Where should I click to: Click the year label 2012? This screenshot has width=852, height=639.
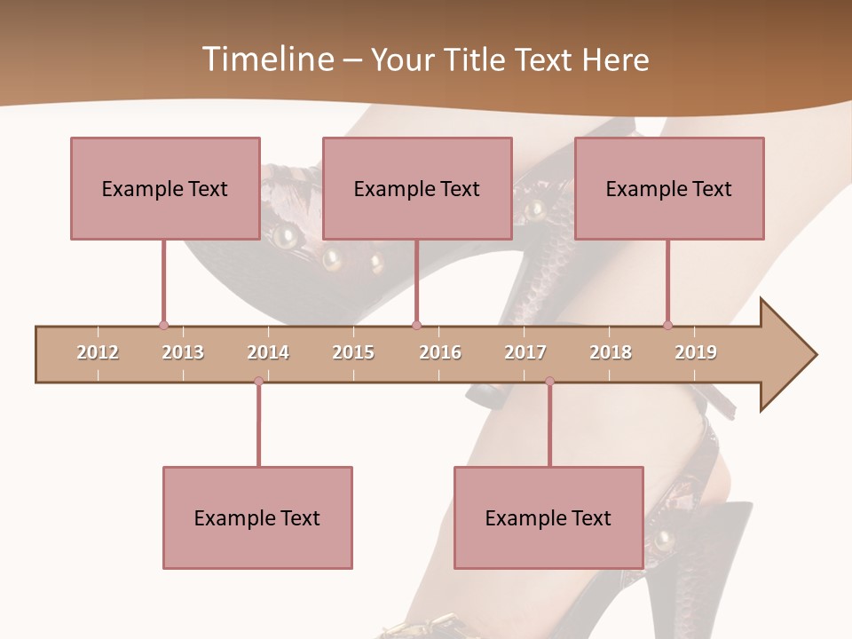point(98,352)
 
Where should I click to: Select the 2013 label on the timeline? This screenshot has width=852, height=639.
point(183,352)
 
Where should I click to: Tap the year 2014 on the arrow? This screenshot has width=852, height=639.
point(268,352)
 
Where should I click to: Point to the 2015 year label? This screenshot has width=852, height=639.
point(353,352)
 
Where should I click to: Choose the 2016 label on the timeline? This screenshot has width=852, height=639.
point(440,352)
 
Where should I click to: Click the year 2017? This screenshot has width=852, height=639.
point(525,352)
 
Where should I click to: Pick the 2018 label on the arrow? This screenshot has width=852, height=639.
point(611,352)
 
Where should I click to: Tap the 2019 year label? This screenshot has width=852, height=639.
point(696,352)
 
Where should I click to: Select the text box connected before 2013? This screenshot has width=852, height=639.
point(165,188)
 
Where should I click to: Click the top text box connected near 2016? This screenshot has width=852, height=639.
point(417,188)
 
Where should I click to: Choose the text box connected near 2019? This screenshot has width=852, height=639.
point(669,188)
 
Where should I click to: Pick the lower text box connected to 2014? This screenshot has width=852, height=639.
point(257,517)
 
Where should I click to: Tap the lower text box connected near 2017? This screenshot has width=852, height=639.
point(548,517)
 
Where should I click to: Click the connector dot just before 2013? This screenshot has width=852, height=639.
point(163,325)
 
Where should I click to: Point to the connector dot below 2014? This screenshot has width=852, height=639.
point(258,381)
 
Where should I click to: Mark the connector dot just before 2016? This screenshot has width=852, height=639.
point(416,325)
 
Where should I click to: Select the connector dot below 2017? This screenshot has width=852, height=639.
point(549,381)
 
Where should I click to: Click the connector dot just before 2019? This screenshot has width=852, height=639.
point(667,325)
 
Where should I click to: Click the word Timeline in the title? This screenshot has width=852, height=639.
point(265,59)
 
